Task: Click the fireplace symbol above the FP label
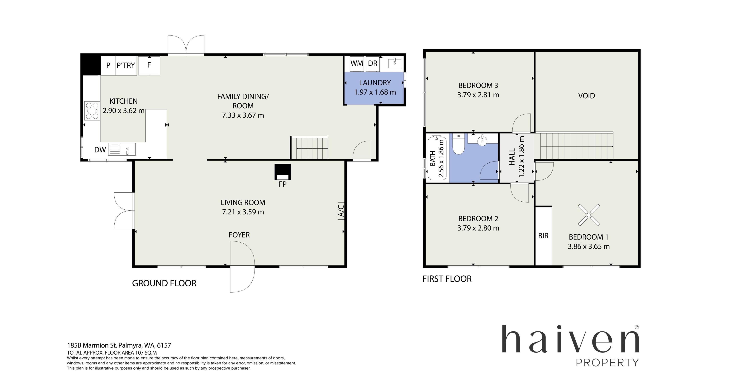[x=283, y=171]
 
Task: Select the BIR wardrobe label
[x=543, y=236]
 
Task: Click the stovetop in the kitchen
[x=92, y=111]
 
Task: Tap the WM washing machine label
[x=357, y=63]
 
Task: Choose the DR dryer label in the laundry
[x=373, y=63]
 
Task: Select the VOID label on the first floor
[x=587, y=96]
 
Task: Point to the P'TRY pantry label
[x=126, y=65]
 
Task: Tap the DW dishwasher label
[x=100, y=150]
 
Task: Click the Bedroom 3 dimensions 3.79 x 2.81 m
[x=478, y=95]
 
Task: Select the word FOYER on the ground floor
[x=239, y=235]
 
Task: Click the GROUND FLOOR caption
[x=164, y=283]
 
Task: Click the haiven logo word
[x=570, y=342]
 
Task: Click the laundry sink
[x=395, y=63]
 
